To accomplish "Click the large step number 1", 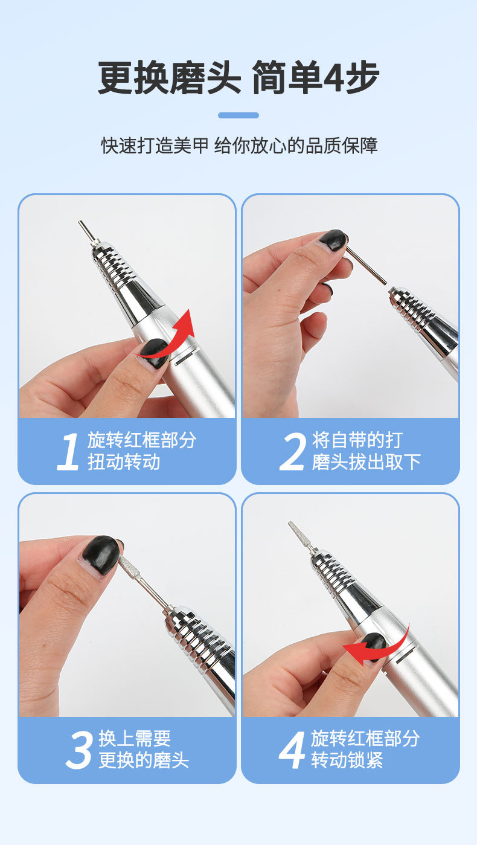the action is (68, 452).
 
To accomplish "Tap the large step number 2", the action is (293, 452).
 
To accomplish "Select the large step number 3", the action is (79, 750).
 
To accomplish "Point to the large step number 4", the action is (292, 750).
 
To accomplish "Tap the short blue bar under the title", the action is (238, 115).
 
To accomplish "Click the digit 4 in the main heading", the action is (333, 78).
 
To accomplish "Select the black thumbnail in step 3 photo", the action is (101, 555).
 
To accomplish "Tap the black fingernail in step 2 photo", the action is (333, 240).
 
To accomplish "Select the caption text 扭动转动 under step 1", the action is (124, 462).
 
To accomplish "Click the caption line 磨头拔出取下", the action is (366, 462).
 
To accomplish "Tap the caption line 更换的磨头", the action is (144, 760).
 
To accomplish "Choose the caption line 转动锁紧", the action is (347, 760).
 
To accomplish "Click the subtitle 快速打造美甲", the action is (155, 146).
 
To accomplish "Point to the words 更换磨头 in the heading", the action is (169, 77).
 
